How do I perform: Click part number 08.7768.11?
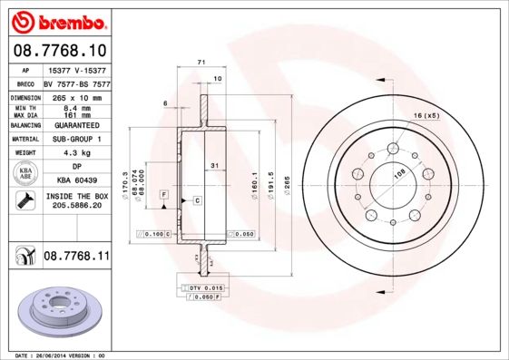coord(76,257)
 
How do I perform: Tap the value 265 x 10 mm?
coord(75,96)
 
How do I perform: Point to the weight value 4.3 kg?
coord(75,153)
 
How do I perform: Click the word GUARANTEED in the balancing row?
coord(75,124)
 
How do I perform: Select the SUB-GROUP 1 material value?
coord(75,139)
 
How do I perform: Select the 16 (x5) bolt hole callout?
coord(426,117)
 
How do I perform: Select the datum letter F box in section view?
coord(163,194)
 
